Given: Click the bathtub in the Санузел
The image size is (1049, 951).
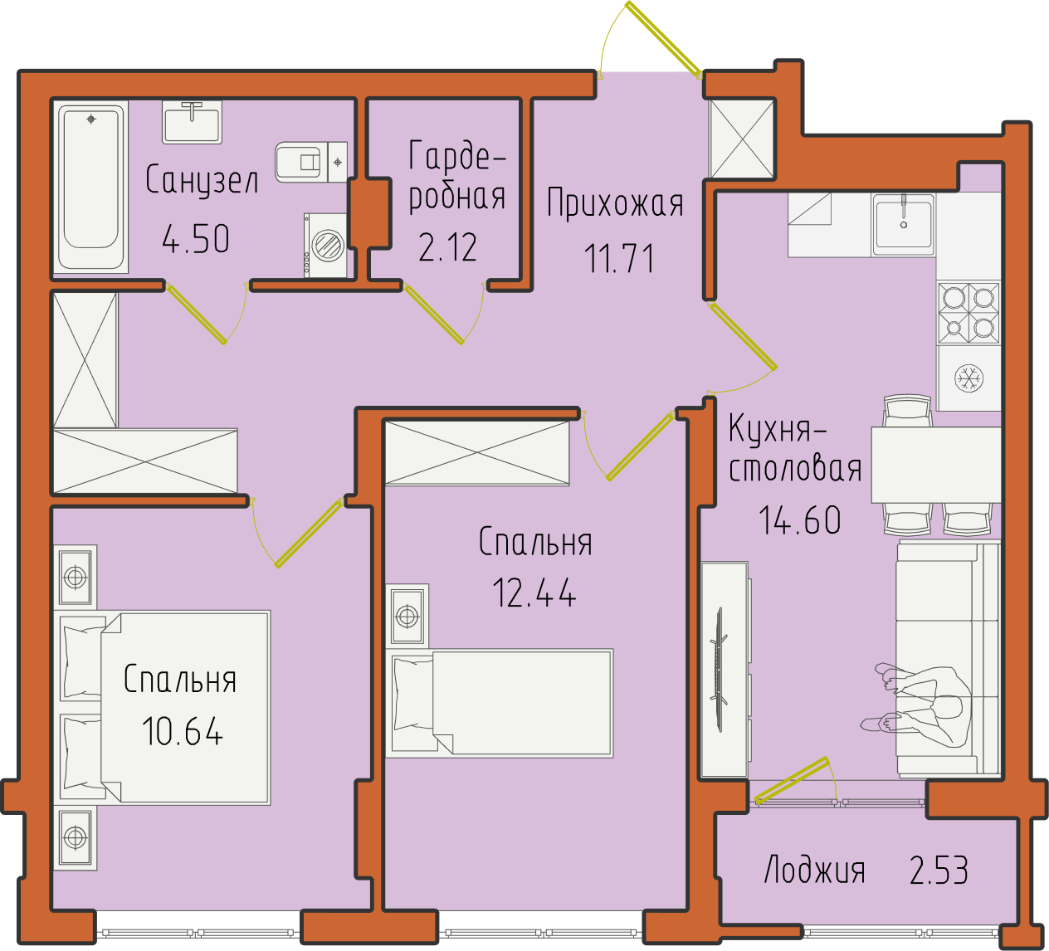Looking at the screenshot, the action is point(91,187).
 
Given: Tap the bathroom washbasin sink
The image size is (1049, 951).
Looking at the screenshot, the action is point(192,123).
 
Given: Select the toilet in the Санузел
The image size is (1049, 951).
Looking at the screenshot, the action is point(311,162).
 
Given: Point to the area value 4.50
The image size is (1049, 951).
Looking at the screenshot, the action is point(196,239).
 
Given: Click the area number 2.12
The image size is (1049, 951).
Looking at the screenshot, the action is point(447,247).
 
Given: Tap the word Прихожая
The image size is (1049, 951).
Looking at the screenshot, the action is point(615,203).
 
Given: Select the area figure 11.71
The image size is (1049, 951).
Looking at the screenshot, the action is point(618,258).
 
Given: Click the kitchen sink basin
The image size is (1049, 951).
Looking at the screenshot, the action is point(904,224).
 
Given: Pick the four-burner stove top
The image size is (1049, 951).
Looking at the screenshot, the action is point(969,313).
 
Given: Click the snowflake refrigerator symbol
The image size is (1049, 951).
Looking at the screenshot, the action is point(969,378).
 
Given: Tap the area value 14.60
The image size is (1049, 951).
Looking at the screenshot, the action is point(799,520).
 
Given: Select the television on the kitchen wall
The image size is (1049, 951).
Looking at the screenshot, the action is point(720,670).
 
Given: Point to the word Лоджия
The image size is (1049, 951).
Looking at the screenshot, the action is point(815,871).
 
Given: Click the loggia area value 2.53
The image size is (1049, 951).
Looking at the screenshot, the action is point(939,870).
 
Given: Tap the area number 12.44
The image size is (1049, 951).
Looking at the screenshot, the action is point(534,593).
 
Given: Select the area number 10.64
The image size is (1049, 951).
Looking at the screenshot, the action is point(183,731).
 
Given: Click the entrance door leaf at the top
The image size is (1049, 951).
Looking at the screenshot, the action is point(663,40).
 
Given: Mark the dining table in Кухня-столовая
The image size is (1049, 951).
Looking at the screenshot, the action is point(936,465).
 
